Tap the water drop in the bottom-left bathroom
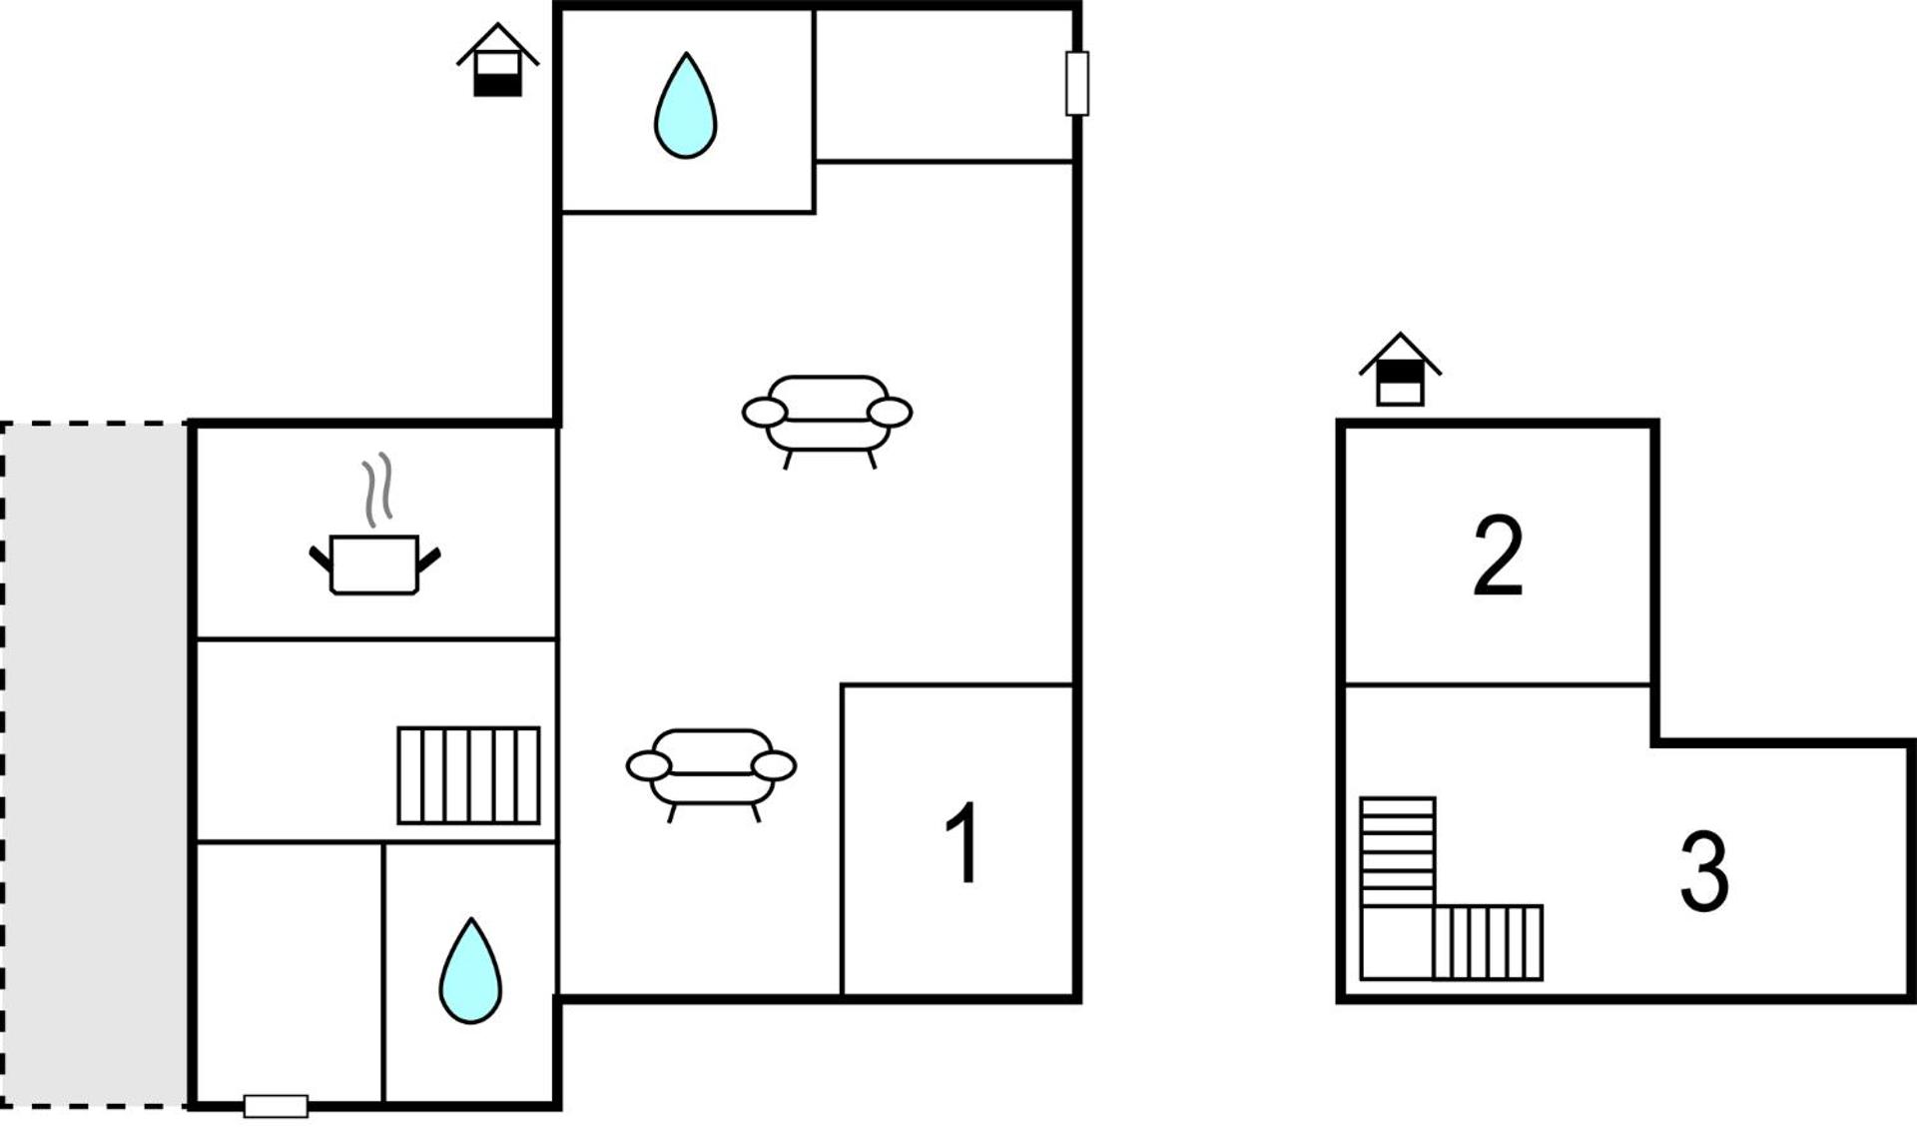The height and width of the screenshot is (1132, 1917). pyautogui.click(x=470, y=974)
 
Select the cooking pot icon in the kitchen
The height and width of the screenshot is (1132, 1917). pyautogui.click(x=374, y=566)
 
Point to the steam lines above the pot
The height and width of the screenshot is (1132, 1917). pyautogui.click(x=377, y=490)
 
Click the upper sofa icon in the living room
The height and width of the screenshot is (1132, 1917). pyautogui.click(x=827, y=415)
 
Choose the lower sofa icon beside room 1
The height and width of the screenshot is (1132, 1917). pyautogui.click(x=711, y=768)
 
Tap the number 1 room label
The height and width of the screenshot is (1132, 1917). pyautogui.click(x=962, y=842)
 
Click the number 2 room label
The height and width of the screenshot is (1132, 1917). pyautogui.click(x=1498, y=556)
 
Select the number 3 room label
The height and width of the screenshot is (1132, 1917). pyautogui.click(x=1703, y=872)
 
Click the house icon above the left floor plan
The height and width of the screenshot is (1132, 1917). pyautogui.click(x=497, y=62)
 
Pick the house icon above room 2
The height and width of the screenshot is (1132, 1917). pyautogui.click(x=1400, y=371)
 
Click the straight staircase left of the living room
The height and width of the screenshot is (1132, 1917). pyautogui.click(x=468, y=775)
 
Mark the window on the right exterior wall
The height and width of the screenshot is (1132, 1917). pyautogui.click(x=1076, y=84)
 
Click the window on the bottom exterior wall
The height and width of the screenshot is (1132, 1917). pyautogui.click(x=276, y=1106)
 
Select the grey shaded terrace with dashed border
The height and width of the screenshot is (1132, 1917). pyautogui.click(x=95, y=764)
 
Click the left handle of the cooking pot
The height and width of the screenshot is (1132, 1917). pyautogui.click(x=319, y=558)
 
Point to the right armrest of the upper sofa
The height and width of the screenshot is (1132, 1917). pyautogui.click(x=890, y=412)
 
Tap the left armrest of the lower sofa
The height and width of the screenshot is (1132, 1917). pyautogui.click(x=648, y=766)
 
